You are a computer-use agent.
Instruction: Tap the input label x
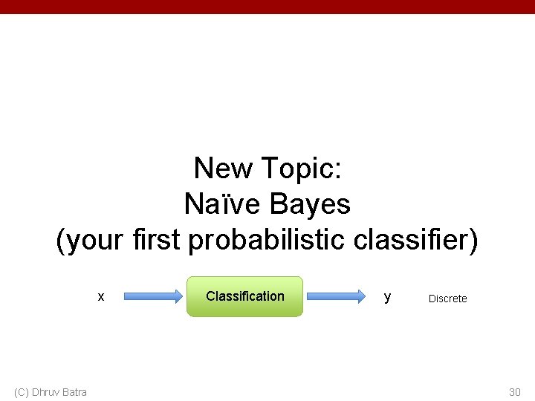pos(101,296)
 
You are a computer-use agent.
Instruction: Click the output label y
pos(387,297)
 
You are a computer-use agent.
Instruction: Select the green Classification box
pos(244,296)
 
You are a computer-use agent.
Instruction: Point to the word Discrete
pos(447,299)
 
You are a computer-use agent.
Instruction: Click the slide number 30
pos(515,392)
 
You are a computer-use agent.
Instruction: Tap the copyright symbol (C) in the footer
pos(22,392)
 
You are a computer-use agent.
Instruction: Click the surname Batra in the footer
pos(74,392)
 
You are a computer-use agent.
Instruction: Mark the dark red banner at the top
pos(267,7)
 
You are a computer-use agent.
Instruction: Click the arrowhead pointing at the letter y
pos(359,296)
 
